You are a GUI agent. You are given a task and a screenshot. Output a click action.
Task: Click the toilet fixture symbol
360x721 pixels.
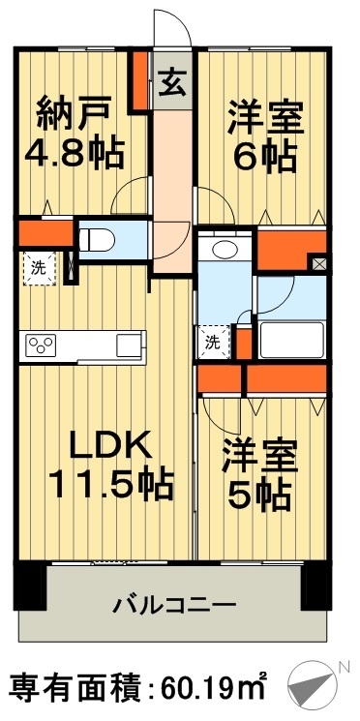point(97,238)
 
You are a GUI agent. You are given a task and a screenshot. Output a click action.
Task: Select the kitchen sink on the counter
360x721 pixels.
point(129,345)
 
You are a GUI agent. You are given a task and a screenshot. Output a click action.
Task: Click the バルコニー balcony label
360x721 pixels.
point(174,606)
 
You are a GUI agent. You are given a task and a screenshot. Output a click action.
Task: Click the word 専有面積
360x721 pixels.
point(71,689)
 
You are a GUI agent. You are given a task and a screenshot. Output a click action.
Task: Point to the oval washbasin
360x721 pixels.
point(225,249)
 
